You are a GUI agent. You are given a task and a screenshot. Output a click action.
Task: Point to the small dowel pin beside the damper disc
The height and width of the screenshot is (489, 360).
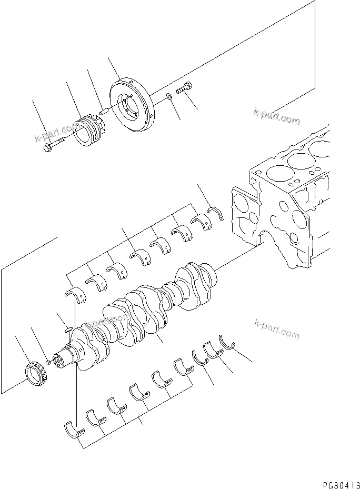tap(104, 111)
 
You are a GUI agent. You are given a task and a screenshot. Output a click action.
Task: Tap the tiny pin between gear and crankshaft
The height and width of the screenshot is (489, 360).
tap(48, 362)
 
